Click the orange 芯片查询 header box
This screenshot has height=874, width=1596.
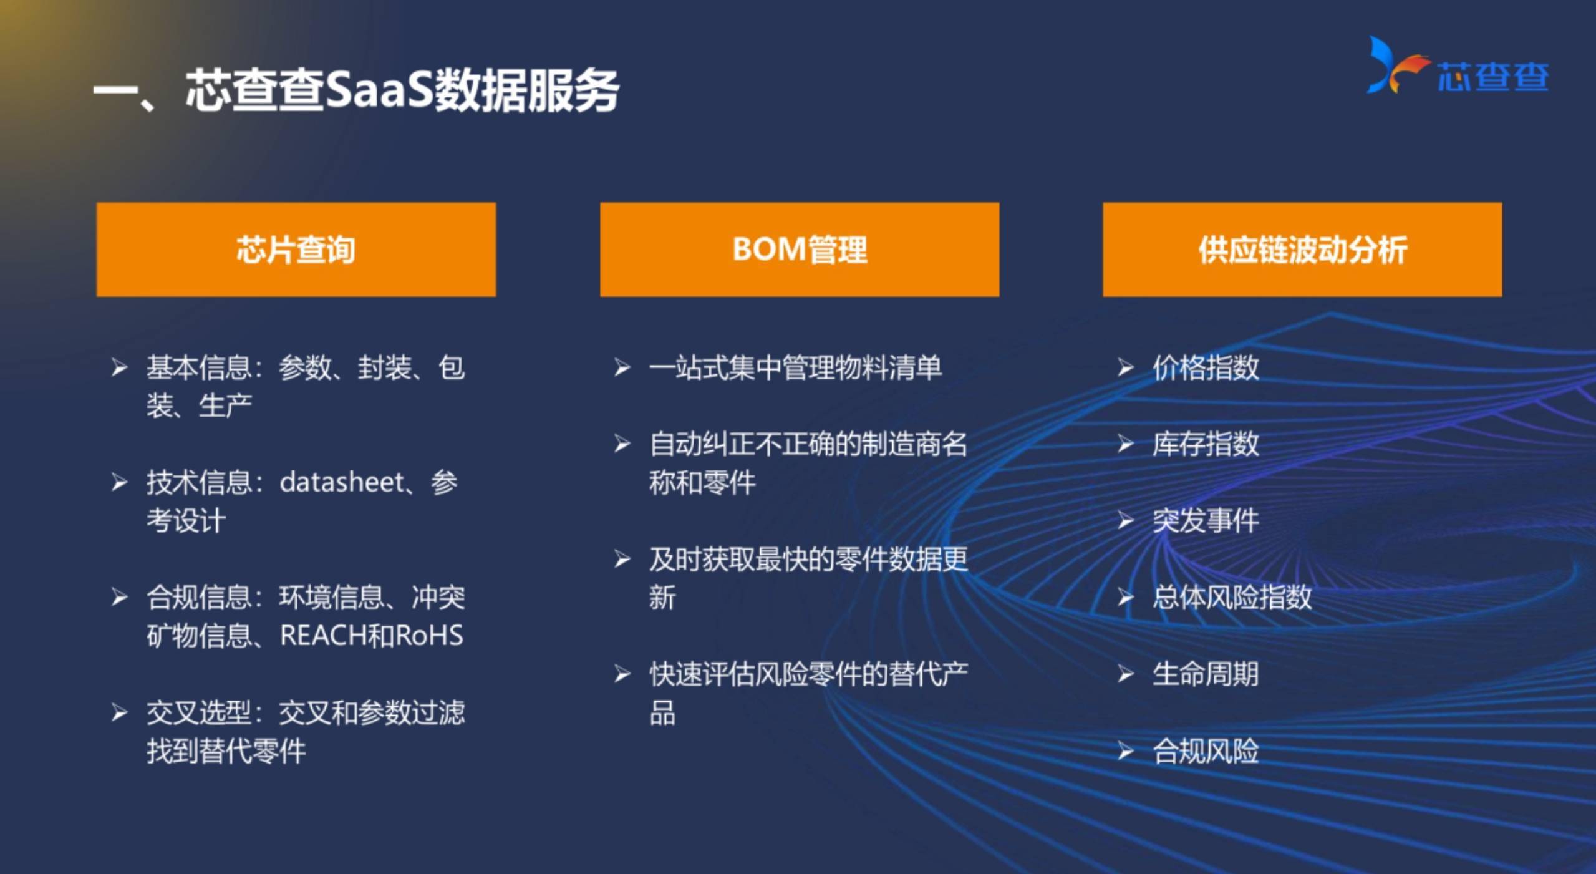coord(296,249)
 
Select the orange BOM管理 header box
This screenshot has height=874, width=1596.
coord(800,249)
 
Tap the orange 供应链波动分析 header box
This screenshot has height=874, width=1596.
coord(1302,249)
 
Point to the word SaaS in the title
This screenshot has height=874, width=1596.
coord(379,90)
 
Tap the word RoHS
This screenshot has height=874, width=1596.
coord(430,636)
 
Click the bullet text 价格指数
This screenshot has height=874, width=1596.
coord(1206,367)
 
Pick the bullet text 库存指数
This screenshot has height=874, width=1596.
coord(1206,444)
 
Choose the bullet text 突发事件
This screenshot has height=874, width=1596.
coord(1206,521)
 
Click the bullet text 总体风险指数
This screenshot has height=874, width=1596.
coord(1232,597)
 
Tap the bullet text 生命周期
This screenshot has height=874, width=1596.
coord(1206,674)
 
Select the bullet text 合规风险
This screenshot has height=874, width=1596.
coord(1206,750)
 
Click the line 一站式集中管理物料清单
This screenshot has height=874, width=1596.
coord(795,367)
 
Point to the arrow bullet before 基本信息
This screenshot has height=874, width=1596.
coord(120,367)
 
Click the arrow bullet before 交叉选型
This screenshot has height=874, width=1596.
coord(120,712)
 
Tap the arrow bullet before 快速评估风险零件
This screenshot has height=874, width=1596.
coord(622,674)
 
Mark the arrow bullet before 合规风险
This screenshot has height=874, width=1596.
coord(1126,750)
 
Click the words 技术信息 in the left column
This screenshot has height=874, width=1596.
coord(199,482)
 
